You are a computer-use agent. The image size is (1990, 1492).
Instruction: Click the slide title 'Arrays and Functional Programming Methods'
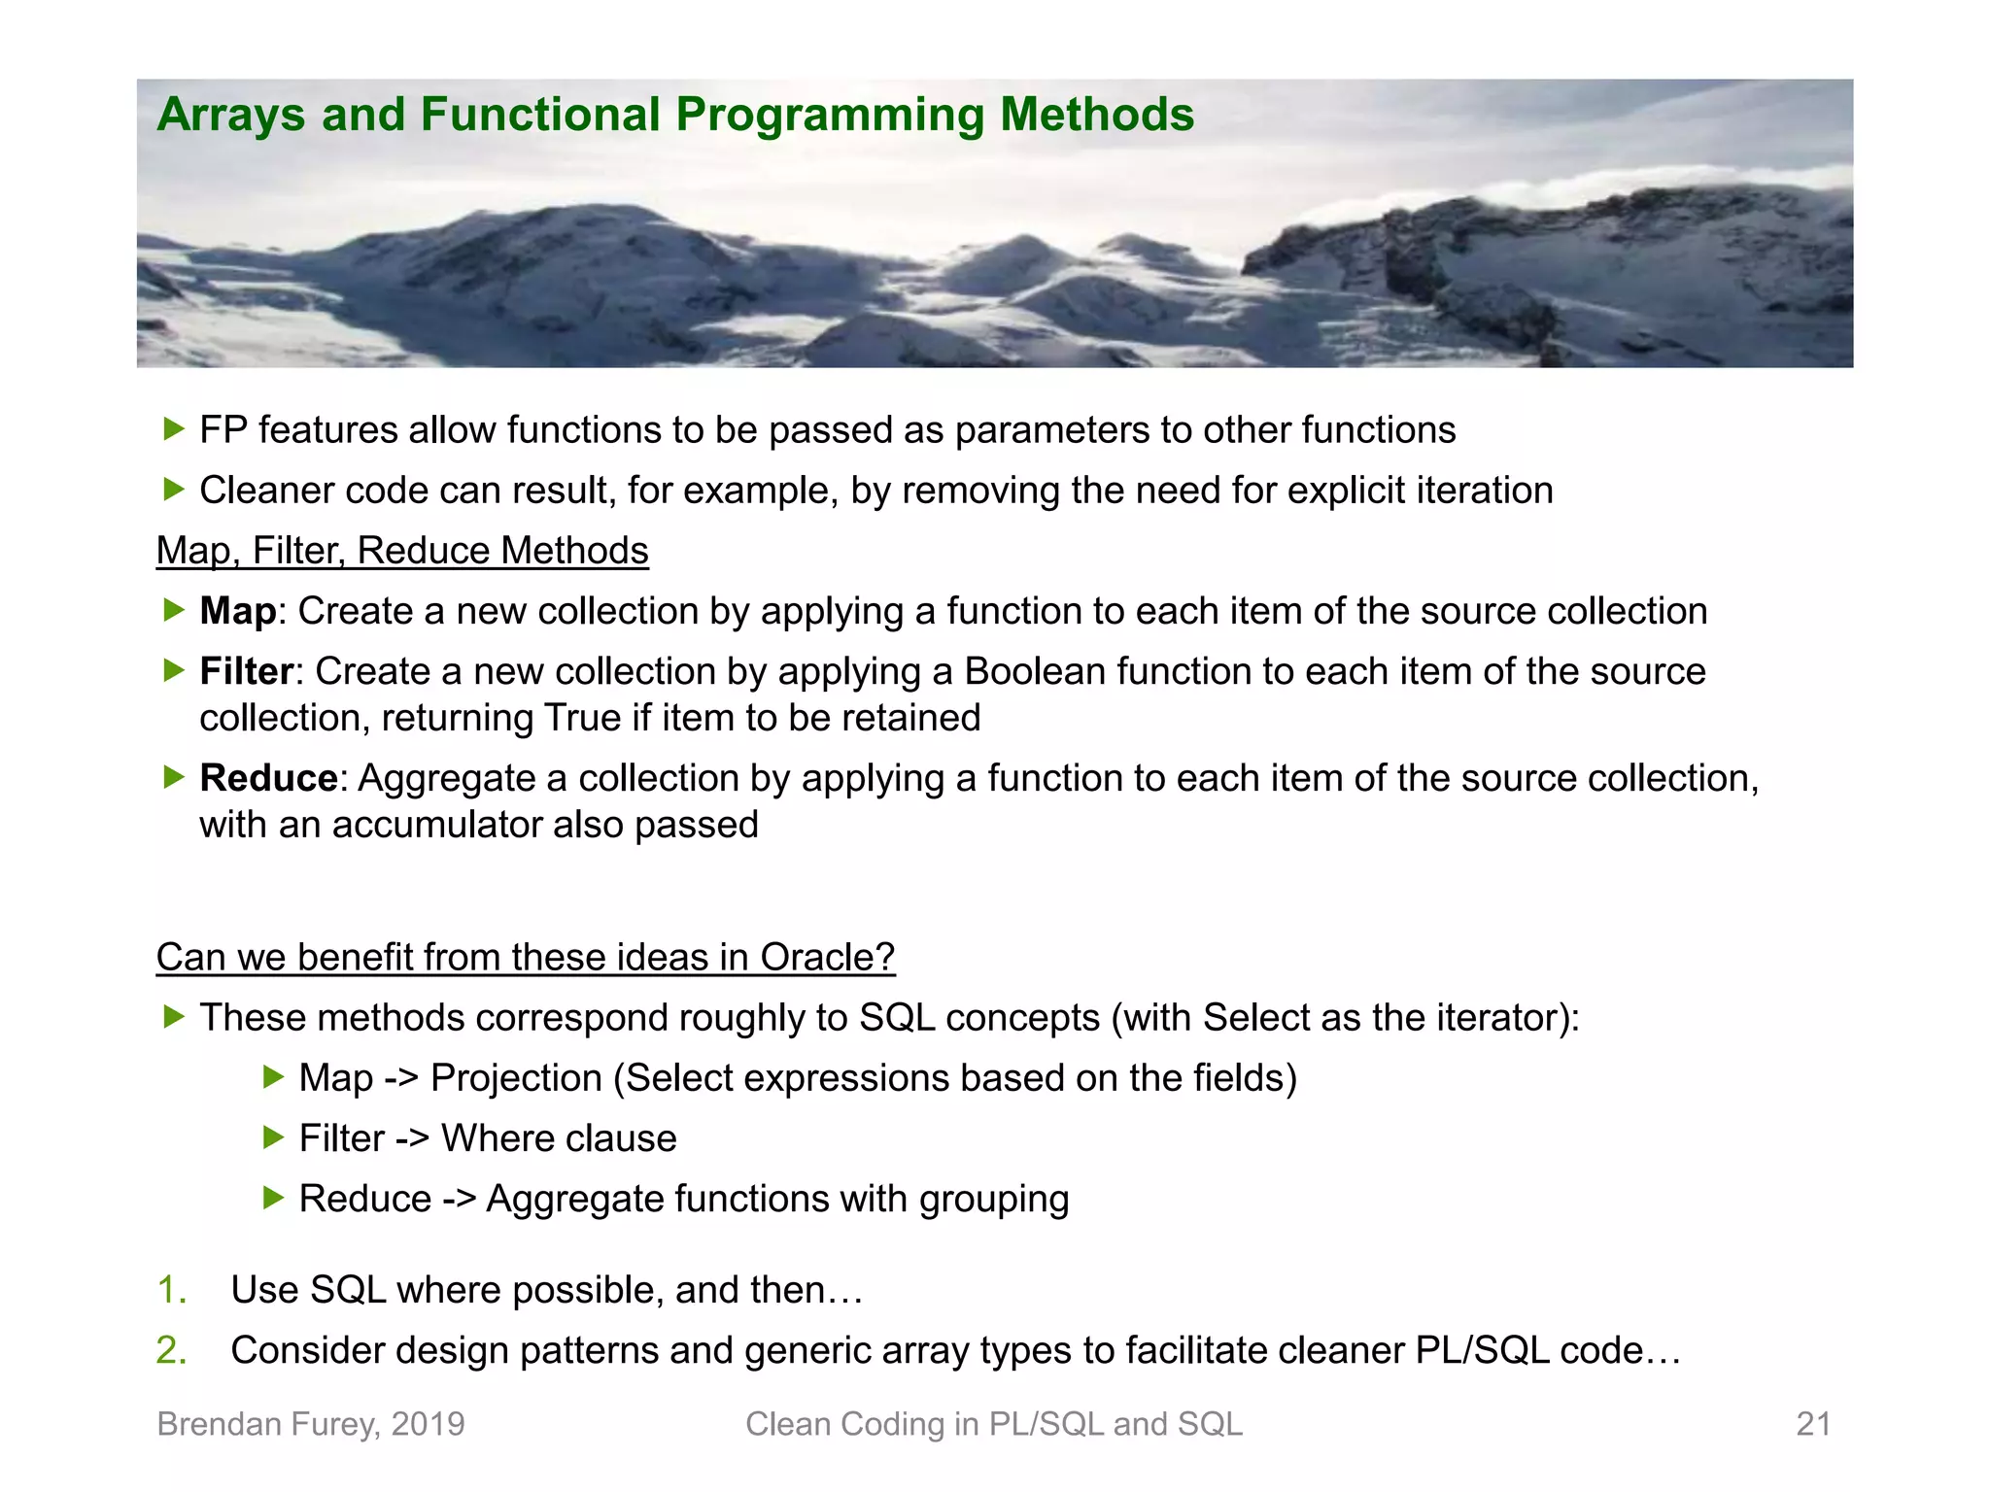click(x=675, y=115)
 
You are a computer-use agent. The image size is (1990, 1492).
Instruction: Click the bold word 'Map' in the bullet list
click(x=238, y=611)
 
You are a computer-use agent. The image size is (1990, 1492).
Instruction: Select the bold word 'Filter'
click(x=246, y=671)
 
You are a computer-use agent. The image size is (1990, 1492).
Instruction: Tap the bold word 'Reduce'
click(x=268, y=778)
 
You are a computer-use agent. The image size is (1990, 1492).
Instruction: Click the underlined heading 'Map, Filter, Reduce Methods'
click(x=402, y=551)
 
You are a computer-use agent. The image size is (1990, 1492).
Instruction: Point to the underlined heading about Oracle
click(x=525, y=957)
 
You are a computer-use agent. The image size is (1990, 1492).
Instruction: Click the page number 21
click(x=1813, y=1424)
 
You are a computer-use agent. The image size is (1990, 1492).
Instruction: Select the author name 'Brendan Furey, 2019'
click(x=311, y=1424)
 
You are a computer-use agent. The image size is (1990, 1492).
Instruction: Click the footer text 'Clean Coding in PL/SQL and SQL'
click(x=993, y=1424)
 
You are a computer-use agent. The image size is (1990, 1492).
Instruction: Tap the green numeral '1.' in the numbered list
click(x=171, y=1290)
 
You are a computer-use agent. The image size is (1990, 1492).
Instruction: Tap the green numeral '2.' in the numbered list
click(x=171, y=1350)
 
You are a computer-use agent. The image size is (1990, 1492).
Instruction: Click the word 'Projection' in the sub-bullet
click(x=516, y=1078)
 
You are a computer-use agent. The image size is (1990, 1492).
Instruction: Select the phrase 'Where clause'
click(x=559, y=1138)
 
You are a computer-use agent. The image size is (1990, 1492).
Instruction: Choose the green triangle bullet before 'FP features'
click(x=174, y=429)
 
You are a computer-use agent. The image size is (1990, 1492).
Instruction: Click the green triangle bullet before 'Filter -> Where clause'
click(x=273, y=1137)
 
